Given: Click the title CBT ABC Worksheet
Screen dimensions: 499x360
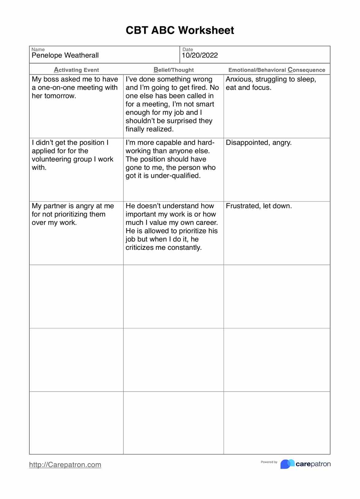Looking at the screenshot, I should [x=180, y=30].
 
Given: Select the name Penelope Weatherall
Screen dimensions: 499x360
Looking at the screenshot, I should [x=65, y=55].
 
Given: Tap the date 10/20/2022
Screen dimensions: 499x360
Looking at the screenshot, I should [x=200, y=55].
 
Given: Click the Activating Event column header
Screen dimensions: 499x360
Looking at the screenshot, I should [x=76, y=70].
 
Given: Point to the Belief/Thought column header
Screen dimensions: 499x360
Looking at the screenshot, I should [x=174, y=70].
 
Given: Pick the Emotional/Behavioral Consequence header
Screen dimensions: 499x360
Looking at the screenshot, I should [x=276, y=70].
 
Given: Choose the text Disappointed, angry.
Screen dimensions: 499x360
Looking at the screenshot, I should [x=258, y=143].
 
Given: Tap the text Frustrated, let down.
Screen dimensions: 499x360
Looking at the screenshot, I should [x=259, y=206].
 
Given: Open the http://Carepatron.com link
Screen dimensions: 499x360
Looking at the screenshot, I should [x=65, y=465].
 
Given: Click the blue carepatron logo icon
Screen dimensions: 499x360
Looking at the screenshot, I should [x=287, y=464].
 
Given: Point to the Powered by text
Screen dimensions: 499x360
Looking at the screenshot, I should [x=269, y=462].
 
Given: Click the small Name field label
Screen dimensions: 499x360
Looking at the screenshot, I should [x=38, y=49].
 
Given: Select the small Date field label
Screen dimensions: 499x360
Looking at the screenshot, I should [x=188, y=49].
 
